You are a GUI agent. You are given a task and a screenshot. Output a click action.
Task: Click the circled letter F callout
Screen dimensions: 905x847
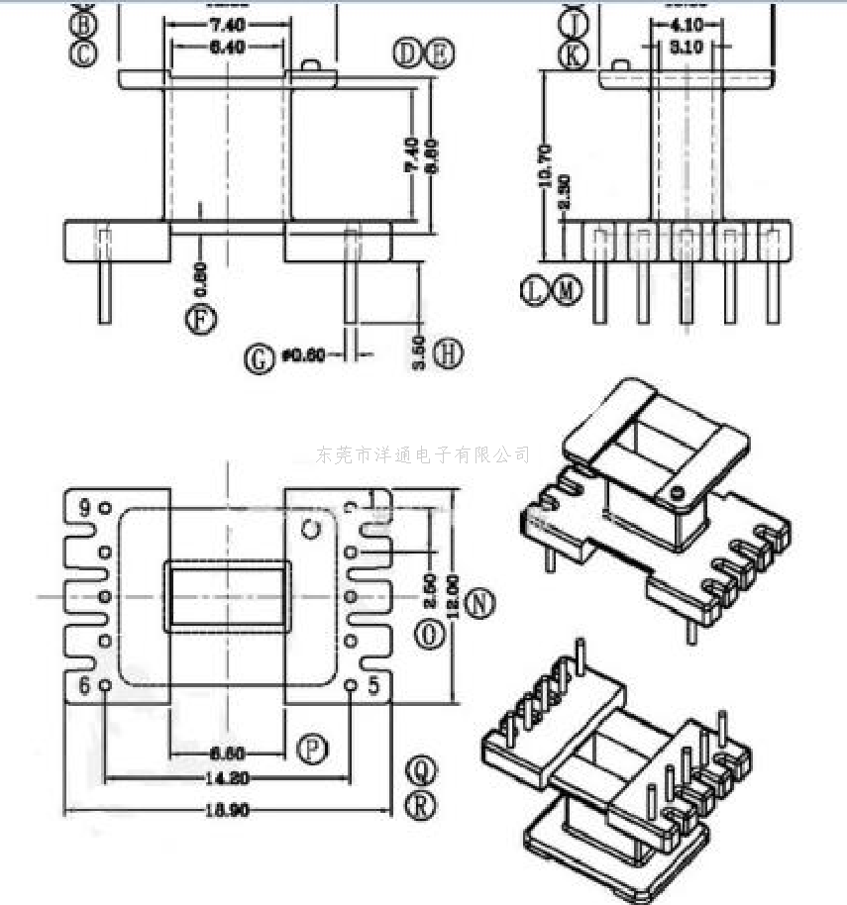[199, 319]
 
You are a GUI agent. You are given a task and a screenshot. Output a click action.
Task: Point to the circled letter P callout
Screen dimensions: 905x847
[313, 752]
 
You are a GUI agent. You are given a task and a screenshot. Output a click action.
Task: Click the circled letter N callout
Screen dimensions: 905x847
[480, 604]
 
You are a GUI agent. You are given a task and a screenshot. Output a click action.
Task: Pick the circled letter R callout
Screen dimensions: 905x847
[422, 805]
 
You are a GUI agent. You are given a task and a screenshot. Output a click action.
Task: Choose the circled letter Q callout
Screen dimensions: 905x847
[422, 768]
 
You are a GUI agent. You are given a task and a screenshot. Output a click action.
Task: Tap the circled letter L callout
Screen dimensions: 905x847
[534, 291]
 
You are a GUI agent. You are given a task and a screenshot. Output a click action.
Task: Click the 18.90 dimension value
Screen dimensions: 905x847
[226, 810]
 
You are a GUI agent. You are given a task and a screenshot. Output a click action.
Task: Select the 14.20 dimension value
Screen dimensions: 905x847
[226, 778]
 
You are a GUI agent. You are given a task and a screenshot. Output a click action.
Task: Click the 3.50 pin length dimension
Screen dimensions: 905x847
[419, 352]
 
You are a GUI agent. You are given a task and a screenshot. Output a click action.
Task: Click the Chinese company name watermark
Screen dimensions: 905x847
[423, 454]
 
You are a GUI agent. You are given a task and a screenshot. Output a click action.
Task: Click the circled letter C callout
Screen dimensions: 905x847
[84, 53]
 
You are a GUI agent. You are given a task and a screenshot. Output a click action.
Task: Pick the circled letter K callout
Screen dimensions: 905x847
[573, 55]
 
